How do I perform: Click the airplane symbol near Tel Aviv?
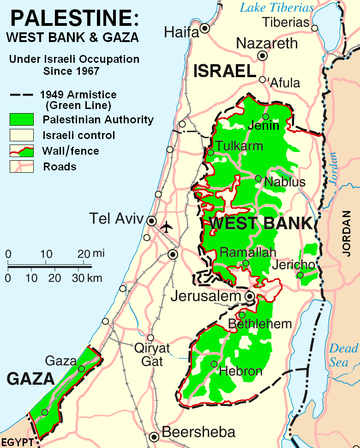(x=166, y=227)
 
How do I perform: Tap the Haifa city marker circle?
(x=204, y=29)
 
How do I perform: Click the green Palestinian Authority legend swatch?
(x=22, y=119)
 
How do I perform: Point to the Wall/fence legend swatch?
(x=22, y=151)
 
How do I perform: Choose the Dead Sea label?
(x=343, y=355)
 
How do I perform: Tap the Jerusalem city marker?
(x=250, y=296)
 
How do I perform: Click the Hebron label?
(x=241, y=371)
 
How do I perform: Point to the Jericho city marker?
(x=300, y=275)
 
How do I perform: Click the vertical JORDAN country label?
(x=347, y=234)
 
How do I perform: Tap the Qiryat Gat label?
(x=152, y=354)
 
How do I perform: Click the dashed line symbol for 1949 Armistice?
(x=22, y=95)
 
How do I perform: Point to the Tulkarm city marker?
(x=210, y=152)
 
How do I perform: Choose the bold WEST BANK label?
(x=260, y=224)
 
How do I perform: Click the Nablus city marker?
(x=258, y=179)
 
